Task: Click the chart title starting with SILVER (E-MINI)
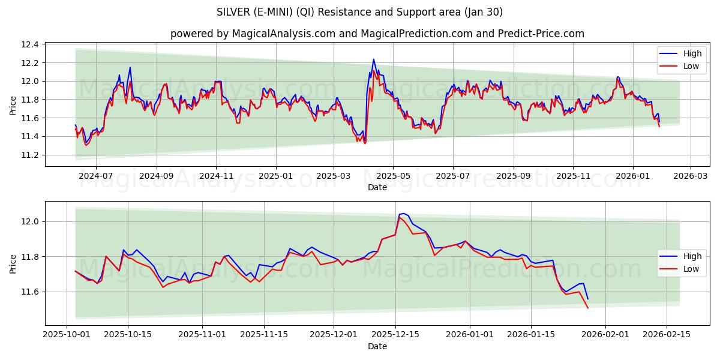[359, 12]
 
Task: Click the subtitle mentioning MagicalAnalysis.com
[377, 34]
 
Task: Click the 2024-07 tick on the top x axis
[96, 176]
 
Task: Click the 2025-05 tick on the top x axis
[393, 176]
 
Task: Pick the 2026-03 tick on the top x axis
[690, 176]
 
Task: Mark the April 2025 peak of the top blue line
[373, 59]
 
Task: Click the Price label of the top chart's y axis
[13, 105]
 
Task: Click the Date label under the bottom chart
[377, 346]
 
